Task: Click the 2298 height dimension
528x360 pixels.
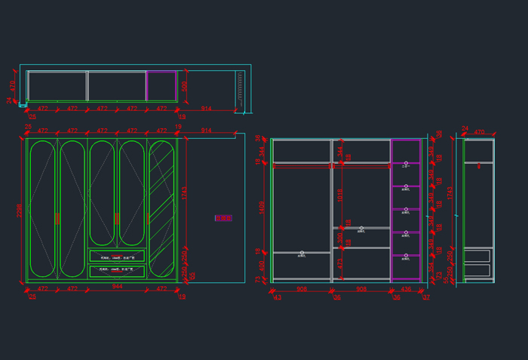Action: coord(20,211)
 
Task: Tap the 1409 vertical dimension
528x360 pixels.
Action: coord(262,208)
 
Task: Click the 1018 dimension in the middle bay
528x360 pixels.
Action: coord(340,195)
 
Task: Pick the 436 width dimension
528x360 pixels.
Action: coord(406,288)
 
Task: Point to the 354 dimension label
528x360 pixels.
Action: coord(431,266)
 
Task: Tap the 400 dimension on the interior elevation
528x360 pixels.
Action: coord(262,265)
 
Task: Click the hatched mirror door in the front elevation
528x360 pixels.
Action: coord(161,208)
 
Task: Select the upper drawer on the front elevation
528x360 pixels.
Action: coord(117,256)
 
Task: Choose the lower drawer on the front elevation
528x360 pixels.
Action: coord(117,270)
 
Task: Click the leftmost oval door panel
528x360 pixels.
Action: coord(42,208)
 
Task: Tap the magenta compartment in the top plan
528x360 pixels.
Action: coord(161,85)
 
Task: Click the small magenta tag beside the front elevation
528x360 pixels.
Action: coord(223,218)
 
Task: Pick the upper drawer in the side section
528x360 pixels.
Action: coord(477,257)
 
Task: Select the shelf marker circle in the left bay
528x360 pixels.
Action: coord(302,253)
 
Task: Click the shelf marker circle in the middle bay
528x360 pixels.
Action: coord(361,228)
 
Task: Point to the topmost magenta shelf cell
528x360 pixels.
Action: coord(406,151)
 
